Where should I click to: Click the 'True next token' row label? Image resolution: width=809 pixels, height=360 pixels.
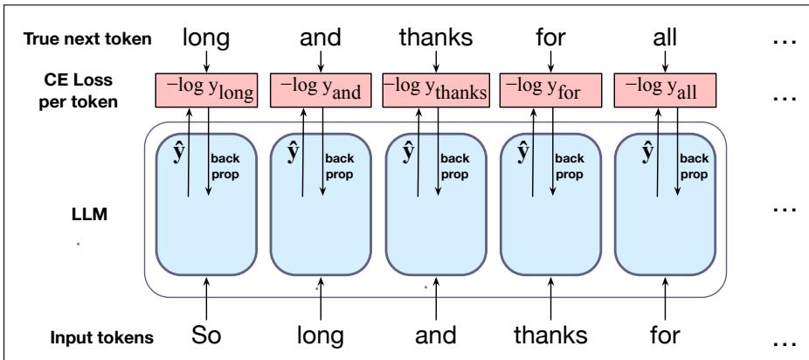coord(87,39)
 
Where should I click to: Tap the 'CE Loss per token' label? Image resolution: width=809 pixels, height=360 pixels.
coord(78,91)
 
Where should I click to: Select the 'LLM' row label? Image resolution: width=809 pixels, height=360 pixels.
coord(89,213)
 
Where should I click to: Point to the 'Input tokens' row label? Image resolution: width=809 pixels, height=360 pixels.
coord(101,337)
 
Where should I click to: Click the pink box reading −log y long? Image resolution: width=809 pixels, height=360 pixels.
coord(206,90)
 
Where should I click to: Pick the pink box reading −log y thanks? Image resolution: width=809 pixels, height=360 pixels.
coord(436,90)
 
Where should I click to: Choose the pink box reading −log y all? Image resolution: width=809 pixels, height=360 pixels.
coord(665,90)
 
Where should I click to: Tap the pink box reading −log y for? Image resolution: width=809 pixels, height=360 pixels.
coord(550,90)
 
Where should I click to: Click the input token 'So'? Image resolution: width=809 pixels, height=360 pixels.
coord(206,336)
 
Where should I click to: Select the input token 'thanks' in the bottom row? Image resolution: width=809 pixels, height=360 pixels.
coord(550,336)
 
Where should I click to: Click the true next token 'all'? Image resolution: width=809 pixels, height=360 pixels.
coord(665,38)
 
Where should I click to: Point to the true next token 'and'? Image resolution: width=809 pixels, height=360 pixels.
coord(321,38)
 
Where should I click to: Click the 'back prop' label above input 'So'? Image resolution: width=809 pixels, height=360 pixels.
coord(225,167)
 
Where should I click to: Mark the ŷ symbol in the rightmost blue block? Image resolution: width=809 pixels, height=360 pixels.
coord(648,153)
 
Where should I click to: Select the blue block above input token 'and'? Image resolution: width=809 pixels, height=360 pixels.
coord(436,204)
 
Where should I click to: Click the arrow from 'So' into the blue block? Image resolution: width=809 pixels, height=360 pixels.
coord(206,299)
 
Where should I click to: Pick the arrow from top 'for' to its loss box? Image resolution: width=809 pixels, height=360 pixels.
coord(550,61)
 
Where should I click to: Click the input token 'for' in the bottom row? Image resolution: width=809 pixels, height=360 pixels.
coord(665,336)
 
